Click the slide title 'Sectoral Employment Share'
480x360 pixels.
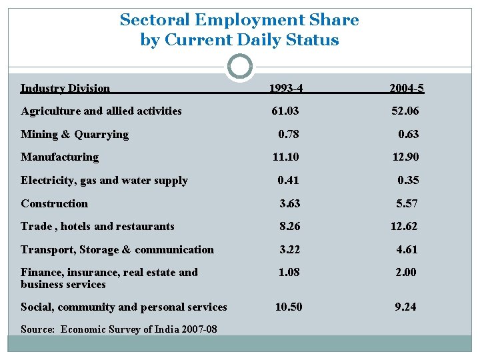239,20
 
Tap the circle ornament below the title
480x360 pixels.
239,67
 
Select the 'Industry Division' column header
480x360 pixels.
65,88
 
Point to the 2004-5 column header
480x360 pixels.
407,88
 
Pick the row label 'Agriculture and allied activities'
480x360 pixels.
101,111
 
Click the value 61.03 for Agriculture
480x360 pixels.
285,111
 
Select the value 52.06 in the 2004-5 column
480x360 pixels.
405,111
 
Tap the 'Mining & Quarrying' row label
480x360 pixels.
75,134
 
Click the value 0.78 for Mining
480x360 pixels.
289,134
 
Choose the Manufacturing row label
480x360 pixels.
59,157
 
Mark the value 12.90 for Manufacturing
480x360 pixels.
405,157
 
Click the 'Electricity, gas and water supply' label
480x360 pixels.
104,180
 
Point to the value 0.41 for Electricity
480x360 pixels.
289,180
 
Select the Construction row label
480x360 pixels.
54,203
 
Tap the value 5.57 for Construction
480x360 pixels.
407,203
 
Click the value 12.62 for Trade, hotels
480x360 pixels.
404,226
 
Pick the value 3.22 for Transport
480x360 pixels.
290,249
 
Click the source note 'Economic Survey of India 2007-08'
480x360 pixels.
138,329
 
